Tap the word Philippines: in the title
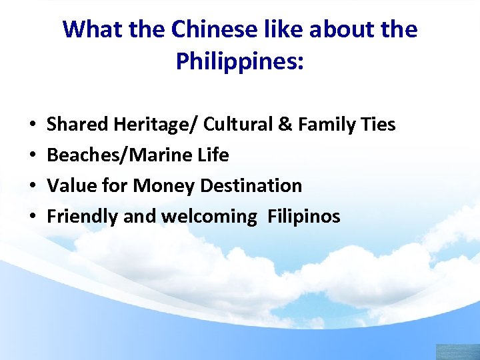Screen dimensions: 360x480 pos(240,61)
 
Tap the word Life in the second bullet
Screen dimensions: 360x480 pos(213,155)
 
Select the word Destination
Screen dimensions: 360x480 pos(250,186)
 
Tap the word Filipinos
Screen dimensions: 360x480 pos(304,217)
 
